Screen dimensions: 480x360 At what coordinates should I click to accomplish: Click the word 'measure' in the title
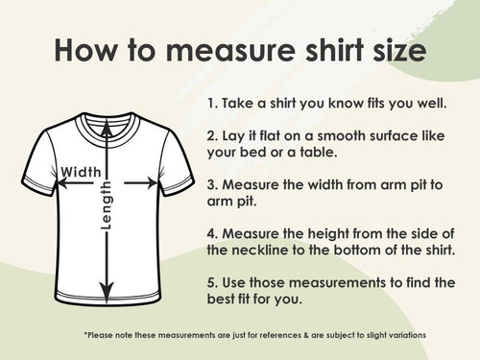[x=230, y=51]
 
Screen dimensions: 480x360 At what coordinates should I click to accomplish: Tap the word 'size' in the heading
[x=399, y=50]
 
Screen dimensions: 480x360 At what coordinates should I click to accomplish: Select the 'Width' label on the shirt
[x=81, y=172]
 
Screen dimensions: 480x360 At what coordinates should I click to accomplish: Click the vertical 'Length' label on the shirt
[x=106, y=205]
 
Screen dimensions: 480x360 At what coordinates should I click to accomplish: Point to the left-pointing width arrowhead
[x=62, y=183]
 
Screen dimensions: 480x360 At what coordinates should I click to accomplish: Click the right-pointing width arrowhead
[x=152, y=183]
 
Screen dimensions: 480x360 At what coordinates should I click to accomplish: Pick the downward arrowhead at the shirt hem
[x=107, y=291]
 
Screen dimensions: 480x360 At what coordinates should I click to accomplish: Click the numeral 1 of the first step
[x=210, y=104]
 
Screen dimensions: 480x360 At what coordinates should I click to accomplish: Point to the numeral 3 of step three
[x=211, y=185]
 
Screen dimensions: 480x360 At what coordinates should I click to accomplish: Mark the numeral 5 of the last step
[x=211, y=283]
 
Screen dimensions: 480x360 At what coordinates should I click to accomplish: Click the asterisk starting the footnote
[x=85, y=334]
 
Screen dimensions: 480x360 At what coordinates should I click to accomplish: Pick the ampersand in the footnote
[x=306, y=335]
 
